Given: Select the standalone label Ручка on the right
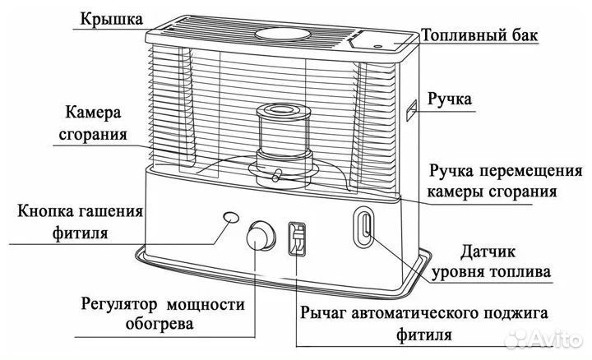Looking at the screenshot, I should pyautogui.click(x=449, y=100).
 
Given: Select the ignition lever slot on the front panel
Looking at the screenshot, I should pyautogui.click(x=297, y=239).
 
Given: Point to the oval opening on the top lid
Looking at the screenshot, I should pyautogui.click(x=284, y=35).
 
